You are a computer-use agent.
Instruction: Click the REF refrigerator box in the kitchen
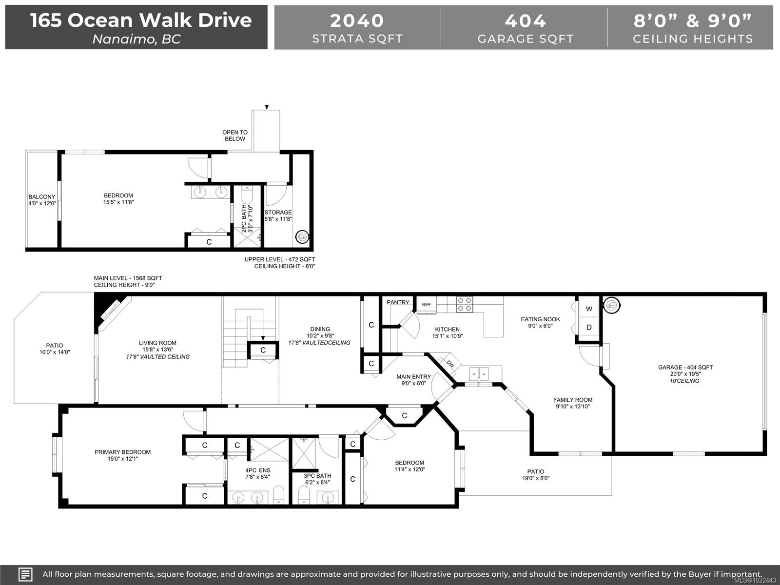427,305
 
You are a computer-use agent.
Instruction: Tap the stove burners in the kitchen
465,304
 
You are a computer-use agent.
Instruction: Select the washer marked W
589,309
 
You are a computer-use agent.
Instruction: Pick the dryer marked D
589,327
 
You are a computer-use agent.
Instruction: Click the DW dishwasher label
450,364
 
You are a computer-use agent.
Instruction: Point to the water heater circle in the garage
611,305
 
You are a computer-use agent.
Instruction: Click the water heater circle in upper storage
302,236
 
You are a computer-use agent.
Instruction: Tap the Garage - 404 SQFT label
685,367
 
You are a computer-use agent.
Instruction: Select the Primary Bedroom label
122,452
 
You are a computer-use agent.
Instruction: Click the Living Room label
157,343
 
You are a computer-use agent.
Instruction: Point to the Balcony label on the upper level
42,196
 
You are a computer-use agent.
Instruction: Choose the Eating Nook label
540,319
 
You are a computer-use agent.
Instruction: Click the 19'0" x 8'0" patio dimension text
535,478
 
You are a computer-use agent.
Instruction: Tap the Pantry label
398,302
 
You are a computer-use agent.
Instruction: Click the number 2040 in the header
357,20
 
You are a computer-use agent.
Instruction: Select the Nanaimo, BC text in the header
136,39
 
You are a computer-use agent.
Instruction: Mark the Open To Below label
235,136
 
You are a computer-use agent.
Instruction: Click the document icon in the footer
25,574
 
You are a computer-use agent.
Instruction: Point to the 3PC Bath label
317,476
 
